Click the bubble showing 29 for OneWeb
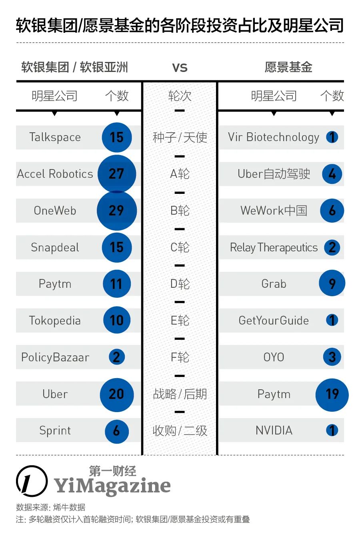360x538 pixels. [116, 210]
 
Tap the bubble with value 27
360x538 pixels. [116, 173]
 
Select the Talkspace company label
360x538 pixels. [55, 137]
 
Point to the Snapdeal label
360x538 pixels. [55, 247]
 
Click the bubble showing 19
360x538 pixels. [332, 395]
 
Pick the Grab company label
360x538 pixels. [274, 284]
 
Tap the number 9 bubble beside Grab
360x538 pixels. [332, 283]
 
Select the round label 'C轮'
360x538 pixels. [180, 247]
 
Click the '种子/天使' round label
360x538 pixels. [180, 137]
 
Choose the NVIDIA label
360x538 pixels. [274, 430]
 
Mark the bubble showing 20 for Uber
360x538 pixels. [116, 395]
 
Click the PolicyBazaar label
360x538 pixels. [55, 357]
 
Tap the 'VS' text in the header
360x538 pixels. [180, 68]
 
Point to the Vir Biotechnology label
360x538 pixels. [274, 137]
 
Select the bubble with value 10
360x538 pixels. [116, 320]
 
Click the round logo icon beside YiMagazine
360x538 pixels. [32, 481]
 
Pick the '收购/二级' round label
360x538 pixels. [180, 430]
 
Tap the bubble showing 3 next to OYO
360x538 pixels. [332, 357]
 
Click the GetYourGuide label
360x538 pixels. [274, 321]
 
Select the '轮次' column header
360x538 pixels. [180, 96]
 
